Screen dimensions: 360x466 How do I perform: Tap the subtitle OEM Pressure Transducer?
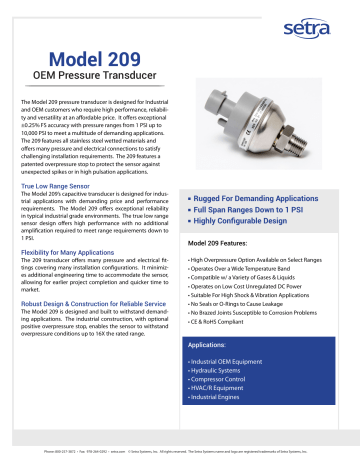97,80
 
